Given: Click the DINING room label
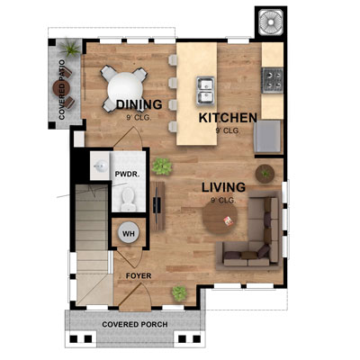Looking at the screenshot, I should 139,105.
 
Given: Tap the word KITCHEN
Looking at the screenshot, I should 228,118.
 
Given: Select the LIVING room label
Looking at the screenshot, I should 223,187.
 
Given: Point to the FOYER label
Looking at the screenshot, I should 138,276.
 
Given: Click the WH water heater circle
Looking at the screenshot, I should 129,234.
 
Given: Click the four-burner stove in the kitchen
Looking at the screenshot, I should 273,84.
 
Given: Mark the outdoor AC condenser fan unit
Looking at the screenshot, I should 269,23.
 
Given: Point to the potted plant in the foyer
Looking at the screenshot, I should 180,292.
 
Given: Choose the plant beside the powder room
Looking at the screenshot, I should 162,166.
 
